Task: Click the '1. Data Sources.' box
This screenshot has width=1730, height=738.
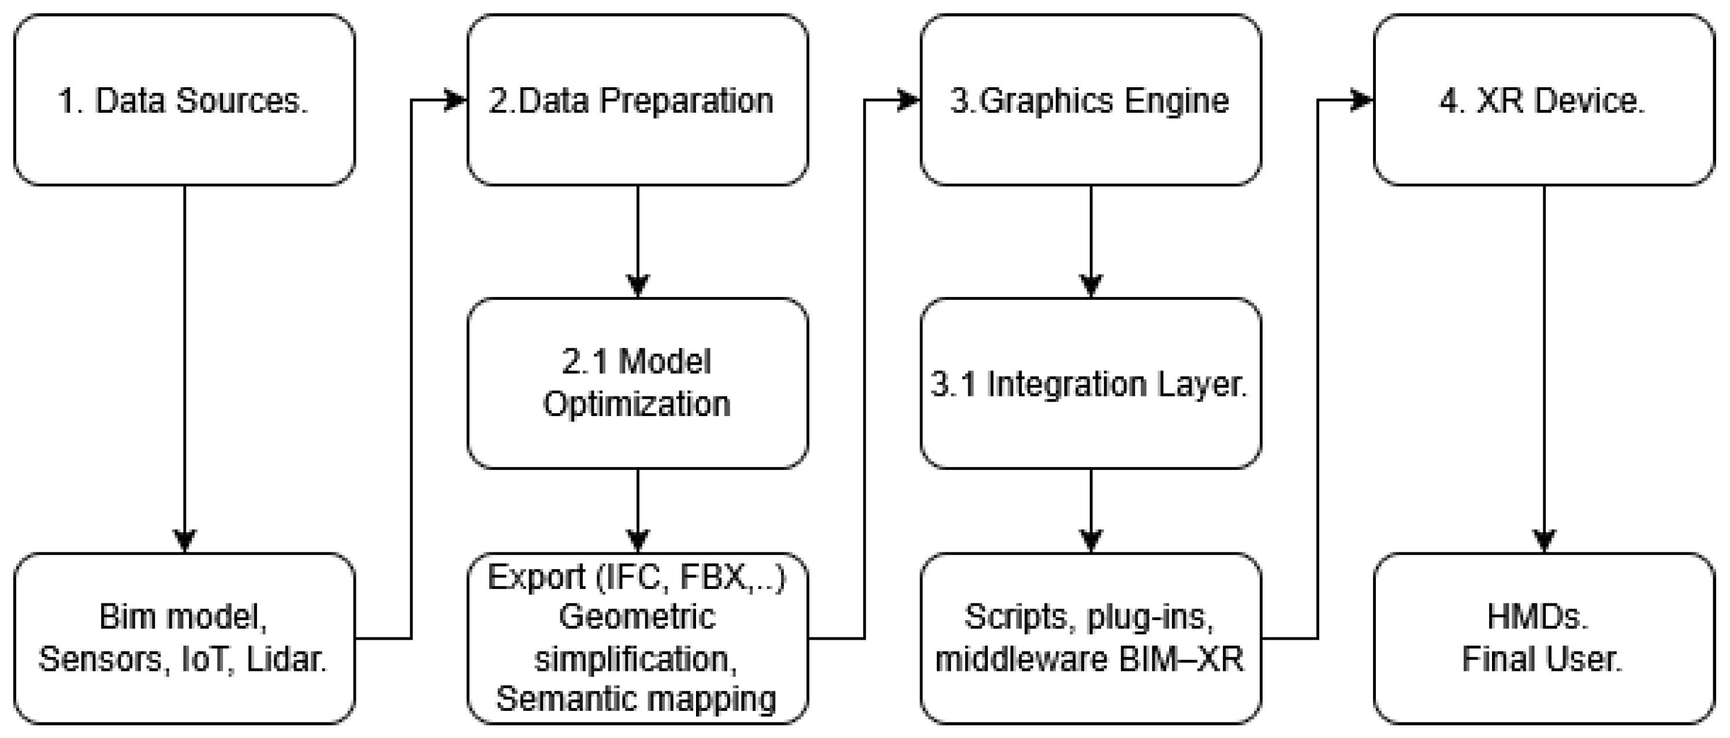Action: [x=184, y=100]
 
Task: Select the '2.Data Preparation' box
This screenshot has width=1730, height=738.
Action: [x=637, y=100]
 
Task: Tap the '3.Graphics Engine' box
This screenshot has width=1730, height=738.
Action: [x=1090, y=100]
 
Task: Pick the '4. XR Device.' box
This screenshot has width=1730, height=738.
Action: [x=1543, y=100]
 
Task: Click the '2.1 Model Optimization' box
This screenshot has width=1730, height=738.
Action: [x=637, y=383]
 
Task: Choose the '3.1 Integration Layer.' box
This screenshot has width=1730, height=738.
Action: [x=1090, y=383]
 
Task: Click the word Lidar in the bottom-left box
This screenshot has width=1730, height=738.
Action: [x=286, y=659]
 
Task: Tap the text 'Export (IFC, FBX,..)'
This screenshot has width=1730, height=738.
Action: [x=636, y=577]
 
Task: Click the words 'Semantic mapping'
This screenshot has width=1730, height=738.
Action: [x=636, y=699]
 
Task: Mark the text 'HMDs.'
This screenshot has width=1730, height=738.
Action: [x=1538, y=616]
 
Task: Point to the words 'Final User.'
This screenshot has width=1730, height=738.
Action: [x=1542, y=659]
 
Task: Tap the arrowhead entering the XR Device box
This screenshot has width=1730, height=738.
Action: [x=1364, y=101]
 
